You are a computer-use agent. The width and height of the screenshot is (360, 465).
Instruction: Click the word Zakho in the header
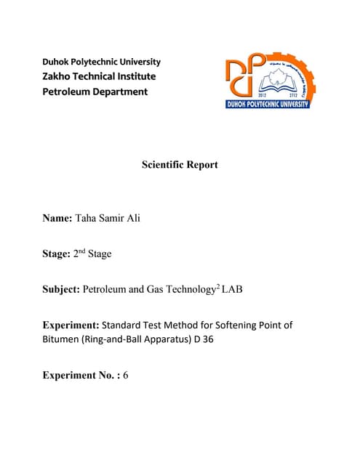[60, 76]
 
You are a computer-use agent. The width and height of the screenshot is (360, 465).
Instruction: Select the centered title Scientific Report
[180, 165]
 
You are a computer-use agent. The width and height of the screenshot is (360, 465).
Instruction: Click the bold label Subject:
[61, 289]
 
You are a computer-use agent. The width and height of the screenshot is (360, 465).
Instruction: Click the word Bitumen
[63, 339]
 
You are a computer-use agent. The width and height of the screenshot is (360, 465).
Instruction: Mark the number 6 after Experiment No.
[126, 376]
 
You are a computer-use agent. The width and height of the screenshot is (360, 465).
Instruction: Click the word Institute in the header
[135, 76]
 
